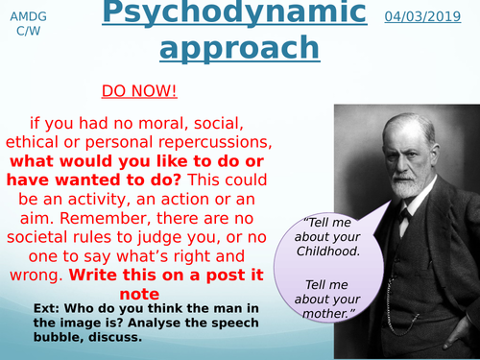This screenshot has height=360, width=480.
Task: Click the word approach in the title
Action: tap(239, 48)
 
